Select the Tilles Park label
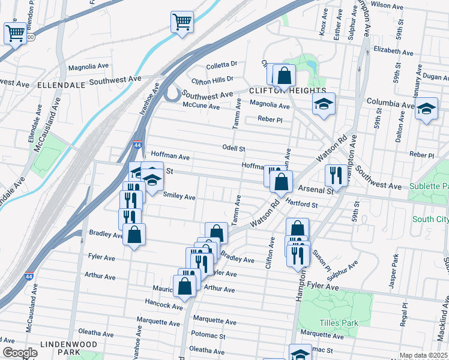tap(339, 323)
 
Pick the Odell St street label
tap(234, 148)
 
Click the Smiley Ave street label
tap(179, 196)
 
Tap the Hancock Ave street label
tap(163, 306)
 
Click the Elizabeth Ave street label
tap(393, 52)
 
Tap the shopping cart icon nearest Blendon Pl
tap(16, 33)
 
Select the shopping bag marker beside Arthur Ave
tap(185, 286)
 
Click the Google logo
tap(19, 353)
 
